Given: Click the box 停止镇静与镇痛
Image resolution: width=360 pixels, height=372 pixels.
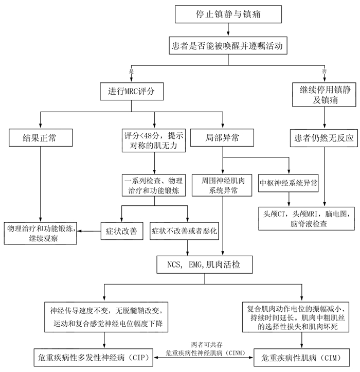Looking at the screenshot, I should (228, 15).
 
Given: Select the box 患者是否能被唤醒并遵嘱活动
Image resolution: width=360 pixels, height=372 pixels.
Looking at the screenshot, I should (228, 46).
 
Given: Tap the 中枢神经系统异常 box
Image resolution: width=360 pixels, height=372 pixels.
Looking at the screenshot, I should (289, 182).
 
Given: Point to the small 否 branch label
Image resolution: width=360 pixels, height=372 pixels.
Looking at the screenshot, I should (323, 70).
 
